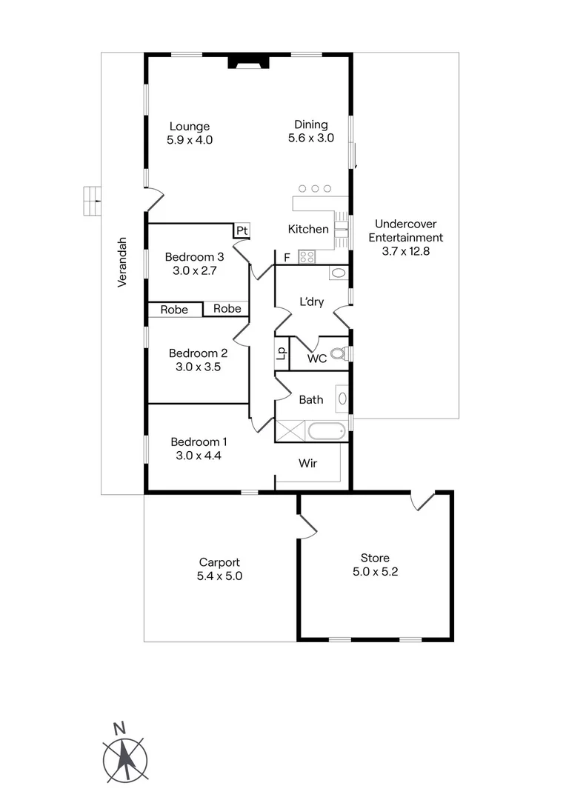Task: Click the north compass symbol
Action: [124, 756]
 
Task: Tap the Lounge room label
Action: [190, 126]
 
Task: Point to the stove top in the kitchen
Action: [307, 257]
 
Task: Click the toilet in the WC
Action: [339, 354]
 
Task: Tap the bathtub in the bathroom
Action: [326, 431]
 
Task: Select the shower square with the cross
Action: [290, 431]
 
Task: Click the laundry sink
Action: [338, 273]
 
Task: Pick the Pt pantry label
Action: [242, 231]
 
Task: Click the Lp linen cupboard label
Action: [281, 353]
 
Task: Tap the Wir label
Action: [308, 464]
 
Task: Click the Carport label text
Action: [219, 562]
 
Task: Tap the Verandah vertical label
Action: [123, 262]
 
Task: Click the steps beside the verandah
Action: [92, 200]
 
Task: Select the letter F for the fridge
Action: [287, 258]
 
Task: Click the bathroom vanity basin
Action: [342, 399]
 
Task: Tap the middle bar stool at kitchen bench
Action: [315, 189]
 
